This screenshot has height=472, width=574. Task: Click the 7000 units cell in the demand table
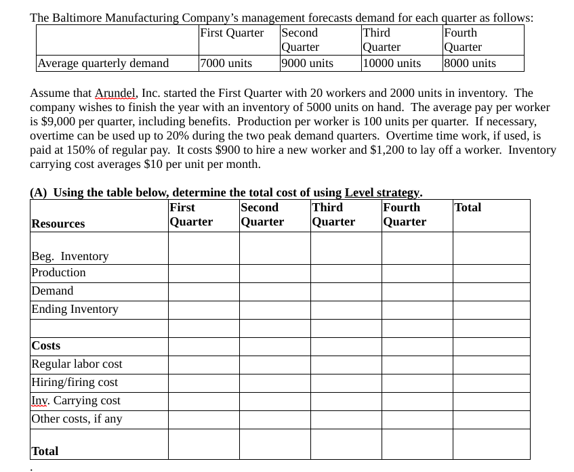tap(226, 63)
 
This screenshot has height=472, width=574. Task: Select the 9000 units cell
tap(308, 63)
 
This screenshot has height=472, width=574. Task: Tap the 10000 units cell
tap(392, 63)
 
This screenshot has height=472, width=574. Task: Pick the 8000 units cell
tap(470, 63)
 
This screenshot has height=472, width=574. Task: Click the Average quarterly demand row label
tap(103, 63)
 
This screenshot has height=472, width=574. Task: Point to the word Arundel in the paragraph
tap(116, 93)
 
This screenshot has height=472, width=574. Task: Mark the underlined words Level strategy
tap(383, 192)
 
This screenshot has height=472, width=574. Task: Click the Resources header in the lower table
tap(58, 223)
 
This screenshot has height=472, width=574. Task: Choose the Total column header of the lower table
tap(468, 207)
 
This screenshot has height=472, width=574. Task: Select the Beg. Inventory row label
tap(70, 256)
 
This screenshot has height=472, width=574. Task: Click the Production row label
tap(59, 272)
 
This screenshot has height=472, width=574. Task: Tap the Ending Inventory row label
tap(75, 309)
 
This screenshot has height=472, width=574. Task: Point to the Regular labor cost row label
tap(77, 364)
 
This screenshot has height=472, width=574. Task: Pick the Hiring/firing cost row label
tap(75, 382)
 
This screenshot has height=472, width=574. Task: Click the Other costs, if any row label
tap(77, 419)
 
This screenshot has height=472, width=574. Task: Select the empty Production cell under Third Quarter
tap(346, 273)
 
